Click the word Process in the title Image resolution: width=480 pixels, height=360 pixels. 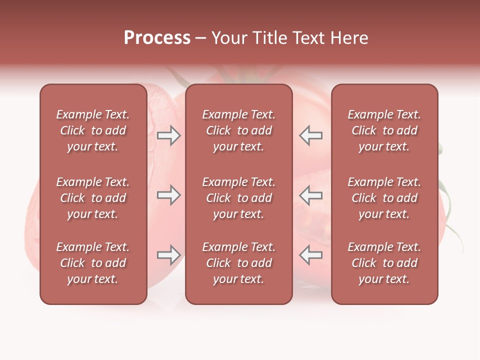tap(157, 38)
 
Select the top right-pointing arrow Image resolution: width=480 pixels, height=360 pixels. tap(169, 135)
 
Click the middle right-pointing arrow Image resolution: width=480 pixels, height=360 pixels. tap(169, 195)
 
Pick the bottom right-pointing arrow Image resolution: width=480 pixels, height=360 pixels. tap(169, 255)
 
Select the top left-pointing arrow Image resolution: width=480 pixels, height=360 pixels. tap(311, 135)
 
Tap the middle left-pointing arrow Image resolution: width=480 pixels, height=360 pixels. tap(311, 195)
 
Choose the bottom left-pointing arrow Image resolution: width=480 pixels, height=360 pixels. tap(311, 255)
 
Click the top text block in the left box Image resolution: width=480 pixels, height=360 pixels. tap(93, 130)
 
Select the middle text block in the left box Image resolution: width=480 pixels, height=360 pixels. tap(93, 198)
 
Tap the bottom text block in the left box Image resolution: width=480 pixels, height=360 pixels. tap(93, 263)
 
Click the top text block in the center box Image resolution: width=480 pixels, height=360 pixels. tap(238, 130)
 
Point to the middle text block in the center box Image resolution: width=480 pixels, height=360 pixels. tap(238, 198)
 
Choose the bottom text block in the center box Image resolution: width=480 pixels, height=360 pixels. tap(238, 263)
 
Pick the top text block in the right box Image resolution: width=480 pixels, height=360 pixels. tap(384, 130)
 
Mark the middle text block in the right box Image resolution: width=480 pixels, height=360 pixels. tap(384, 198)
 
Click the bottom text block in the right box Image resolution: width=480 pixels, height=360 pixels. tap(384, 263)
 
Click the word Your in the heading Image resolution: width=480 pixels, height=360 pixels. tap(229, 38)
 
